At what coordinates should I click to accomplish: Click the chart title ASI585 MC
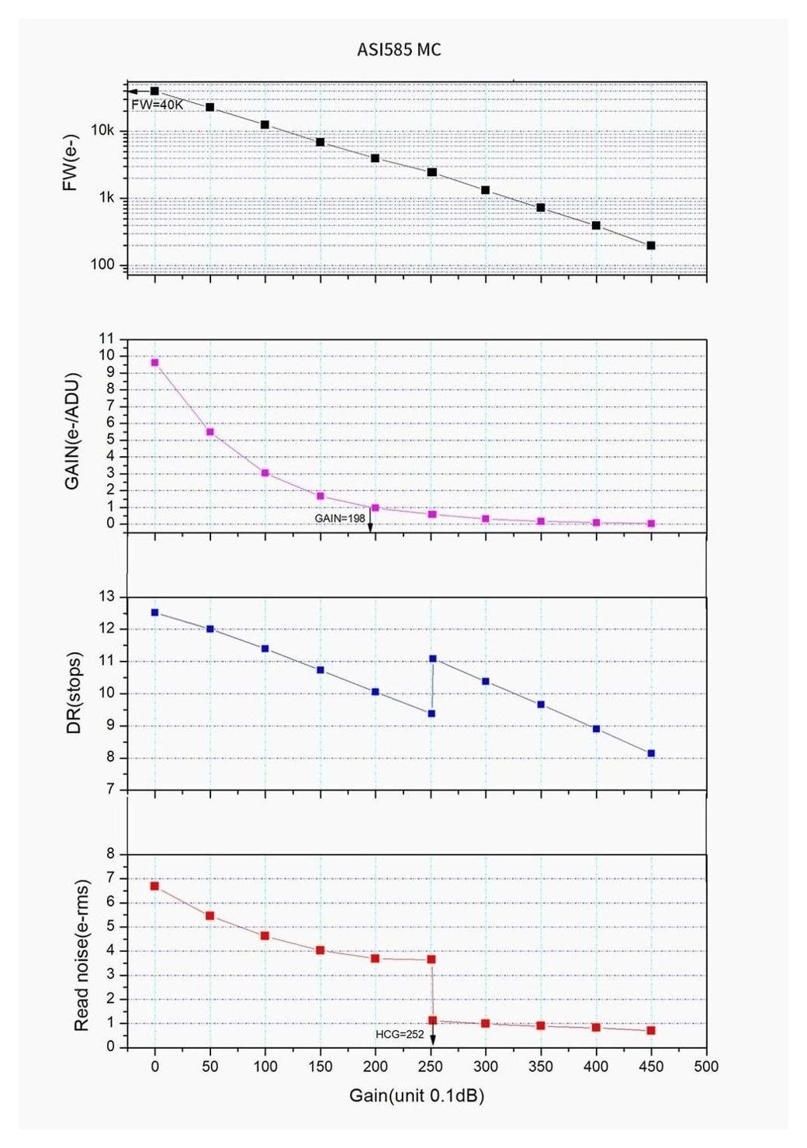(399, 50)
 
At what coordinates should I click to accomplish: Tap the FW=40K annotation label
(157, 105)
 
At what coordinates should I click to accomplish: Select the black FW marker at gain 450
(651, 246)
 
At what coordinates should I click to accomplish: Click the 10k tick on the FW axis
(102, 130)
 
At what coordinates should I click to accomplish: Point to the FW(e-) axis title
(71, 163)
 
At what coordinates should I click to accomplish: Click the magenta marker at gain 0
(154, 362)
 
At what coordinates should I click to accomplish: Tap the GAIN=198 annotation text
(340, 518)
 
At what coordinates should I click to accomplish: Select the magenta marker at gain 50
(210, 432)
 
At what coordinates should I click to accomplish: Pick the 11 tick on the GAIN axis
(106, 339)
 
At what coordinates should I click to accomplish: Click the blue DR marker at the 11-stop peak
(432, 659)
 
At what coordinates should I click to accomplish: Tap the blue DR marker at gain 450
(651, 753)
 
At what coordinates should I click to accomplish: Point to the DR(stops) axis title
(74, 693)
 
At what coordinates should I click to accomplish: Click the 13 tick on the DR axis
(106, 596)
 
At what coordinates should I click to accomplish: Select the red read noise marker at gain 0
(154, 886)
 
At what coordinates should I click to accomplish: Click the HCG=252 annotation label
(400, 1034)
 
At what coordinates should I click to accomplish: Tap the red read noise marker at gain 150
(320, 950)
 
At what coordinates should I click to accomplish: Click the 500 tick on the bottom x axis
(706, 1067)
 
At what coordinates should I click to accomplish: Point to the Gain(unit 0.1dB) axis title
(417, 1095)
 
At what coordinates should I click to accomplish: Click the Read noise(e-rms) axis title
(81, 956)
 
